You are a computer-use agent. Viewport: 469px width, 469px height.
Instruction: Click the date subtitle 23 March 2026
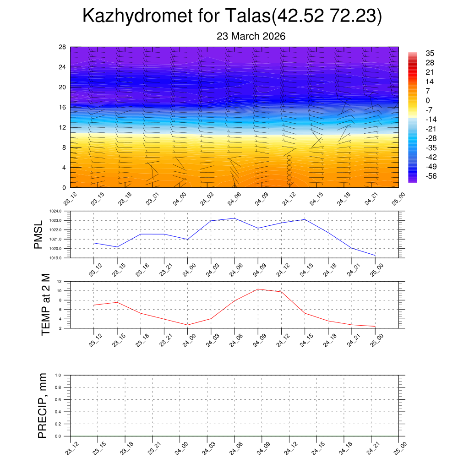(251, 36)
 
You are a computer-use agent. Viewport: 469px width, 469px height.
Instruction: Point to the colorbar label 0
(427, 100)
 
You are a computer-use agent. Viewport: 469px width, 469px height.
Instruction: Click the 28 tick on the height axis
(62, 47)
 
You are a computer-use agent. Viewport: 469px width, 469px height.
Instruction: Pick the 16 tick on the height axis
(62, 107)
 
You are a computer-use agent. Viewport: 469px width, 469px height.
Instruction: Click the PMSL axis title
(38, 234)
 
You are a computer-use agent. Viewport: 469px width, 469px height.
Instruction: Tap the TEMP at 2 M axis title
(45, 305)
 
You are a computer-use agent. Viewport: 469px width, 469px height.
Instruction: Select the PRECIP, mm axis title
(43, 405)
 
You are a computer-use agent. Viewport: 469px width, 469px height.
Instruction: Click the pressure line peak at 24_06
(234, 218)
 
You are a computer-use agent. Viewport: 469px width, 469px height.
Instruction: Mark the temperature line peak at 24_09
(258, 289)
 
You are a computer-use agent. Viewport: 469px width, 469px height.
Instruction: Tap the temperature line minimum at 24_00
(187, 325)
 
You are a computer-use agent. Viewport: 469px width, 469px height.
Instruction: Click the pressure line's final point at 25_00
(375, 255)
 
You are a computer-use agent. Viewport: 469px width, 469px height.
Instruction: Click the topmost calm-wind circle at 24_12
(289, 158)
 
